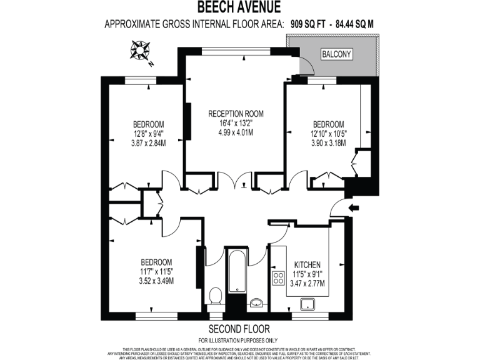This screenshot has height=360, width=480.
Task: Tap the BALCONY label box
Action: (x=337, y=54)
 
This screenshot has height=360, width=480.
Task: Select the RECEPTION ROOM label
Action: (x=236, y=114)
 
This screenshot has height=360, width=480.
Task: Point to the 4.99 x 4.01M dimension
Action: (x=236, y=132)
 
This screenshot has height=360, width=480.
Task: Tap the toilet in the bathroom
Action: (x=216, y=295)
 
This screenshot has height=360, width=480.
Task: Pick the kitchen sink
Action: (x=307, y=304)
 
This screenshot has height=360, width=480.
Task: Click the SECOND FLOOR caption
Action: (x=239, y=329)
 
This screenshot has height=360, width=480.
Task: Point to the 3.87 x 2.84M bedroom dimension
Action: (x=148, y=142)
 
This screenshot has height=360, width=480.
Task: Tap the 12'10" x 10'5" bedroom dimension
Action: (x=328, y=132)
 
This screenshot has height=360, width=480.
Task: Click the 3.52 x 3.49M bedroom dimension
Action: (x=156, y=280)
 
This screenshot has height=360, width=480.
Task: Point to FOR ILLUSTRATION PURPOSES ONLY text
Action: (x=239, y=339)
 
